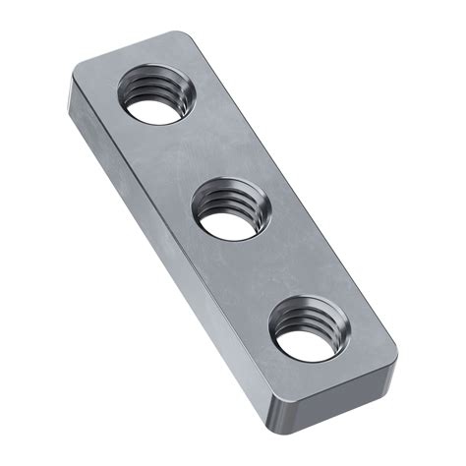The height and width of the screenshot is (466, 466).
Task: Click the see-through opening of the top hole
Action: point(154,107)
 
